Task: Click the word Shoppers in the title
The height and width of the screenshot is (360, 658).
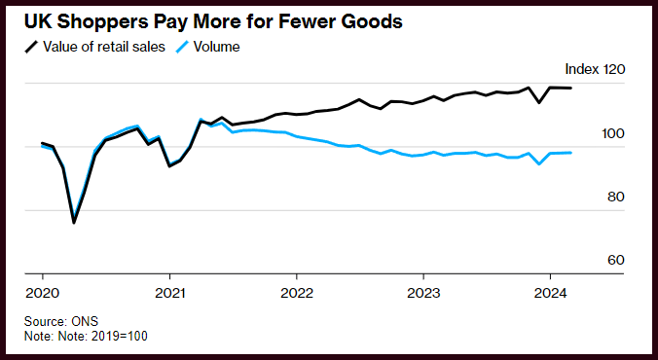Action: tap(102, 22)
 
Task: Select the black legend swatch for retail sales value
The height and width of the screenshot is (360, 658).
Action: tap(31, 47)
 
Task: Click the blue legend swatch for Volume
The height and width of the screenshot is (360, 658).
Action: tap(182, 47)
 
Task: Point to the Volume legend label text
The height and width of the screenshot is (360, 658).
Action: tap(216, 47)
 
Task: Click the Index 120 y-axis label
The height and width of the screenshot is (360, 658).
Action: tap(595, 69)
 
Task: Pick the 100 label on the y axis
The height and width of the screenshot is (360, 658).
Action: tap(613, 134)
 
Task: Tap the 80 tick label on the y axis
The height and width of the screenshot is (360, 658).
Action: tap(615, 197)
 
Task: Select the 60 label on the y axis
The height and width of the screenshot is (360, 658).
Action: tap(615, 260)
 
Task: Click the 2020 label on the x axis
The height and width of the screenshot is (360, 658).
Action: tap(43, 293)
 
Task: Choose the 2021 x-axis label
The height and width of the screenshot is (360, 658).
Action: tap(170, 293)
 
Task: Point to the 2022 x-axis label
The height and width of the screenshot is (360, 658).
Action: tap(297, 293)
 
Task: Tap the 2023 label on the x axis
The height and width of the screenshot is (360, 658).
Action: tap(423, 293)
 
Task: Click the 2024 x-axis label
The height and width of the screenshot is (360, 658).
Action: tap(551, 293)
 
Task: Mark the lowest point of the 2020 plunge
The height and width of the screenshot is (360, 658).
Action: tap(74, 223)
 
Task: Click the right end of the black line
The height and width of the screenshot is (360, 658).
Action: tap(570, 88)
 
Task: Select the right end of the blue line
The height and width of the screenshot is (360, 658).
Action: tap(570, 153)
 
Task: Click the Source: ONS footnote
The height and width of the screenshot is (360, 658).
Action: tap(61, 321)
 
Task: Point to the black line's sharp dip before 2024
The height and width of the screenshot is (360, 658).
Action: tap(539, 102)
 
